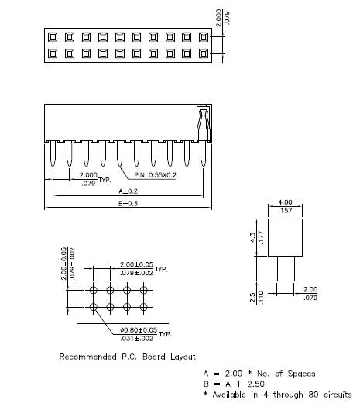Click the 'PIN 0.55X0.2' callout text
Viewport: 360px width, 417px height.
(x=155, y=175)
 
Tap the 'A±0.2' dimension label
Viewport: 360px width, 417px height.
(x=128, y=191)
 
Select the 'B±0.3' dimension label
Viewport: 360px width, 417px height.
(x=128, y=203)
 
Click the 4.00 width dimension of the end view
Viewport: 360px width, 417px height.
(x=285, y=202)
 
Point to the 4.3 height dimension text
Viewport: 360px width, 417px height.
(x=252, y=237)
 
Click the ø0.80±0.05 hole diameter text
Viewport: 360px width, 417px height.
(x=139, y=330)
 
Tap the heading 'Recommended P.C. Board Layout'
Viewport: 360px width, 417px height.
(x=127, y=357)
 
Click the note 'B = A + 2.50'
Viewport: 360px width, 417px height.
(x=234, y=384)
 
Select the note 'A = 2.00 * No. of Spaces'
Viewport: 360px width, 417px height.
(x=259, y=374)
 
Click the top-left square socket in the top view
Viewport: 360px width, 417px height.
(x=53, y=37)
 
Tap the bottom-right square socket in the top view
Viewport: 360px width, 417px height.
(x=204, y=53)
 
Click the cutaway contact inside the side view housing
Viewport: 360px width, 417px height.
(x=204, y=124)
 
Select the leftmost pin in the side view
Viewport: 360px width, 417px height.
(x=53, y=153)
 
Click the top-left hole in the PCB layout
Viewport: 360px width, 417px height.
(x=93, y=290)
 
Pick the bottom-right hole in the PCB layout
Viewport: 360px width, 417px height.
(x=144, y=307)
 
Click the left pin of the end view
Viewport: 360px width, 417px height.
(x=276, y=268)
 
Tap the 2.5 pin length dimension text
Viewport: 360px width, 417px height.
(x=252, y=298)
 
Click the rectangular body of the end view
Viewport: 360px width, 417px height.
(x=285, y=237)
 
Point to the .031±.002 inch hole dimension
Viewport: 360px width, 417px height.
(x=136, y=339)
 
